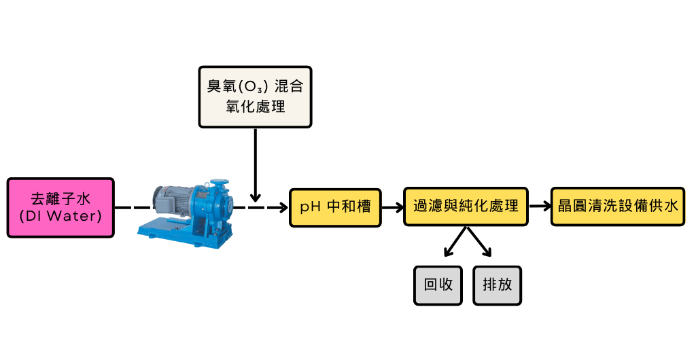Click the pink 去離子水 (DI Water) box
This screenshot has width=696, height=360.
(60, 207)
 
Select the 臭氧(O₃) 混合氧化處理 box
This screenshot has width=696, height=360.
(255, 96)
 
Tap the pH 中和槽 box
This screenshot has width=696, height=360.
(335, 206)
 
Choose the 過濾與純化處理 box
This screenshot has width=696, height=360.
(466, 206)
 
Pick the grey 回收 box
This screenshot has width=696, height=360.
(438, 285)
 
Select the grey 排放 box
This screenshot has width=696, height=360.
(497, 285)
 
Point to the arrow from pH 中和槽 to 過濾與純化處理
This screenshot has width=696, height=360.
(392, 206)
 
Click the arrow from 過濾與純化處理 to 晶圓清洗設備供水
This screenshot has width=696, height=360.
(539, 206)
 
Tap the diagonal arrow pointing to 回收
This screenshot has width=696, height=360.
(455, 243)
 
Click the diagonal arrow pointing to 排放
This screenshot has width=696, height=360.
(479, 243)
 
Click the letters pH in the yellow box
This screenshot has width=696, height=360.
(310, 206)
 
